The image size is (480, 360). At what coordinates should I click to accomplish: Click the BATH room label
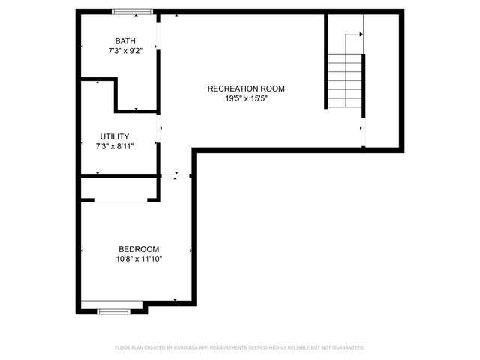[x=125, y=41]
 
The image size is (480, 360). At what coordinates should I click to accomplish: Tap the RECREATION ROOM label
[x=246, y=88]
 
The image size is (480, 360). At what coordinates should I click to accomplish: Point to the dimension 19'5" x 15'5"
[x=246, y=99]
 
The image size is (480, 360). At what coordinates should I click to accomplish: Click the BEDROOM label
[x=139, y=249]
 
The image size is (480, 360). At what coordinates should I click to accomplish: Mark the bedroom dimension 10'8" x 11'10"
[x=139, y=259]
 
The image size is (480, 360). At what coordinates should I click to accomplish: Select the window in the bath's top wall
[x=133, y=12]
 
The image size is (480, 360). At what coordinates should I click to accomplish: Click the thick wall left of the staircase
[x=326, y=61]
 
